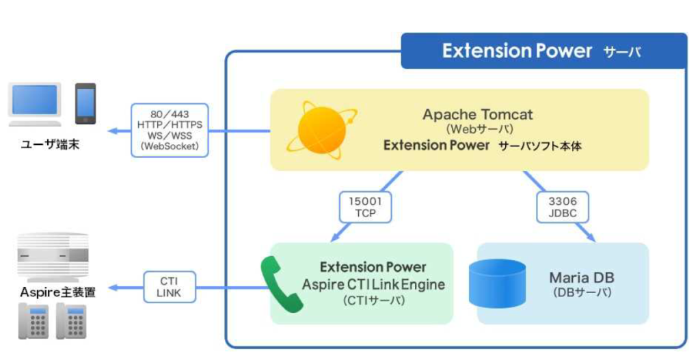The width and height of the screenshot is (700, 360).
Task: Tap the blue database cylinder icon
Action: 498,284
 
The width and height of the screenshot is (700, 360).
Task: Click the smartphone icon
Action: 85,104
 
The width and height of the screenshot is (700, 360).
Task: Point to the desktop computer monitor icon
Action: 35,104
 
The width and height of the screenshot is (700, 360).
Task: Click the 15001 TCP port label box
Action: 365,208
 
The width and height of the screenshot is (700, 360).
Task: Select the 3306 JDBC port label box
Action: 563,208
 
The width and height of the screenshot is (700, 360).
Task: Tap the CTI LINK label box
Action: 170,288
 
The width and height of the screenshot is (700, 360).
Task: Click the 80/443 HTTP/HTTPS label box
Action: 170,130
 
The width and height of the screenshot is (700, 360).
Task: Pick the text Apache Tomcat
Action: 478,115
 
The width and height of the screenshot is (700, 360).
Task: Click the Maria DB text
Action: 582,277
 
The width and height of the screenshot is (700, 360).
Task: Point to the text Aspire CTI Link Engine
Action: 373,285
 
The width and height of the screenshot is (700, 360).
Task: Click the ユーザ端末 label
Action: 51,145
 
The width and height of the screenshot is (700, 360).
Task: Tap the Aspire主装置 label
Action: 57,292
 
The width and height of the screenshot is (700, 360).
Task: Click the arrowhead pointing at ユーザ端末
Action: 113,131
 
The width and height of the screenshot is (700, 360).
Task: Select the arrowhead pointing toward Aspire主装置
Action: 113,288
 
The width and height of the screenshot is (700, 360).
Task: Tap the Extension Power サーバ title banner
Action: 543,51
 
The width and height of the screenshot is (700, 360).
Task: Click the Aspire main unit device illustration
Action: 53,258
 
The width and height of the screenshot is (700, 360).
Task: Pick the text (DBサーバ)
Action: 582,292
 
